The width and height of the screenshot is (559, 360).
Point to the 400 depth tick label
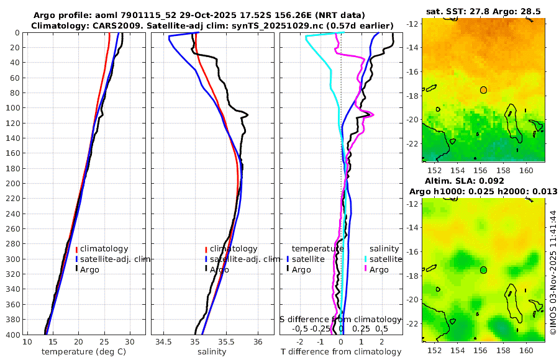12,335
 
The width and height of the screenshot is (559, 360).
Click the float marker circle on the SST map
483,90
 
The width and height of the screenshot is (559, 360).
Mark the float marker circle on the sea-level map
483,270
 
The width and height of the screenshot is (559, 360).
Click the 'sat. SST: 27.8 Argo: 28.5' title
483,11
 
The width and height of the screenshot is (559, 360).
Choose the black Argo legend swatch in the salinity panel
205,269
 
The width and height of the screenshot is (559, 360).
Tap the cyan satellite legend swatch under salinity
366,259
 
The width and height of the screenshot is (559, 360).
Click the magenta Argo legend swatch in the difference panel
366,269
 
